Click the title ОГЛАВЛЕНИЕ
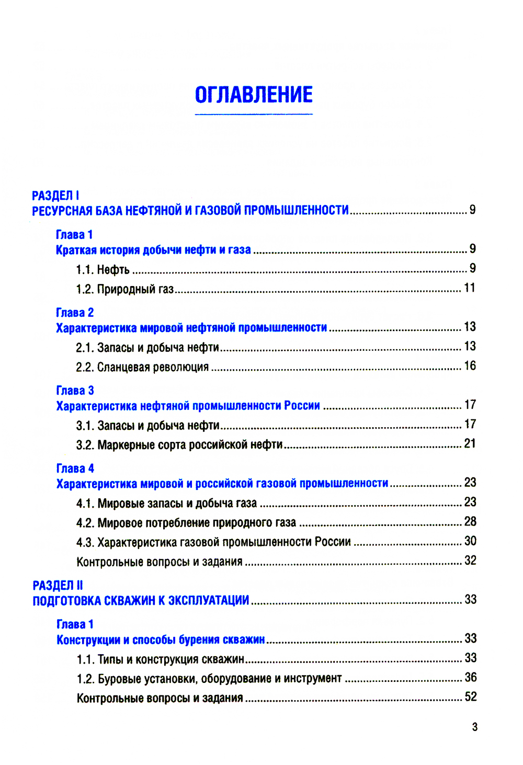point(254,95)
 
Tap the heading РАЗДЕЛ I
point(55,196)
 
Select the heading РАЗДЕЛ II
point(58,585)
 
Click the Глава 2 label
point(75,313)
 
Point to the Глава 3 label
point(75,391)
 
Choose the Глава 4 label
point(75,469)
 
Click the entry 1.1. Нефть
point(103,270)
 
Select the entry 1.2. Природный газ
point(124,289)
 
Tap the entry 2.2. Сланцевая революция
point(142,367)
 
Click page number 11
point(470,288)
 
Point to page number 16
point(470,366)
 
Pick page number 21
point(470,444)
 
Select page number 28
point(470,522)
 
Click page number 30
point(470,541)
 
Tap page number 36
point(471,678)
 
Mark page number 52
point(471,697)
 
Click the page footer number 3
point(474,727)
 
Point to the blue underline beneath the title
point(254,113)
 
